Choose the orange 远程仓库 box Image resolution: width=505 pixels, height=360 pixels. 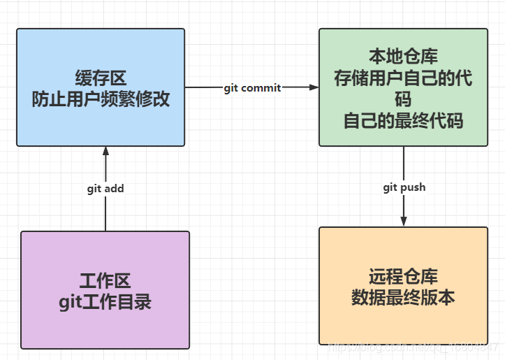(403, 322)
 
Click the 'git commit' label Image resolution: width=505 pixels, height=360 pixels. (252, 88)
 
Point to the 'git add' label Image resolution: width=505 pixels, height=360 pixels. (105, 188)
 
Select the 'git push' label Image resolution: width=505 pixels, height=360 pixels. (404, 187)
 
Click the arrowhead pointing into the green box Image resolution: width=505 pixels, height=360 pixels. (314, 88)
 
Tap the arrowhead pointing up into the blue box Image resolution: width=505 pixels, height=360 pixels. (105, 152)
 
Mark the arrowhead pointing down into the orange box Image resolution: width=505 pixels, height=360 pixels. (404, 221)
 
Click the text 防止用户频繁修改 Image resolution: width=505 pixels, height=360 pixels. (101, 99)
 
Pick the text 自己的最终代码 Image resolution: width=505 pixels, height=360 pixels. (403, 121)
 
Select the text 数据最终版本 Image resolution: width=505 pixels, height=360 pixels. (403, 297)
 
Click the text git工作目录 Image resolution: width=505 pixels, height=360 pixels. (105, 302)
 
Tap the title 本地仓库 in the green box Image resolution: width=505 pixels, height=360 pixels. (403, 55)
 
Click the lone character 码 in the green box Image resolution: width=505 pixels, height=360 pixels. (403, 99)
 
